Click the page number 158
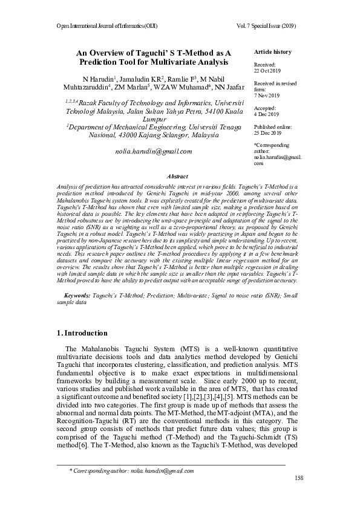tap(298, 478)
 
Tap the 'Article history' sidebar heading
tap(272, 52)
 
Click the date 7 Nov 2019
tap(266, 96)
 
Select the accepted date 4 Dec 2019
tap(266, 114)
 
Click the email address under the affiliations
tap(153, 151)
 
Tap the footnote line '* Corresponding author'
tap(131, 470)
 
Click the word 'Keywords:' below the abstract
tap(77, 295)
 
